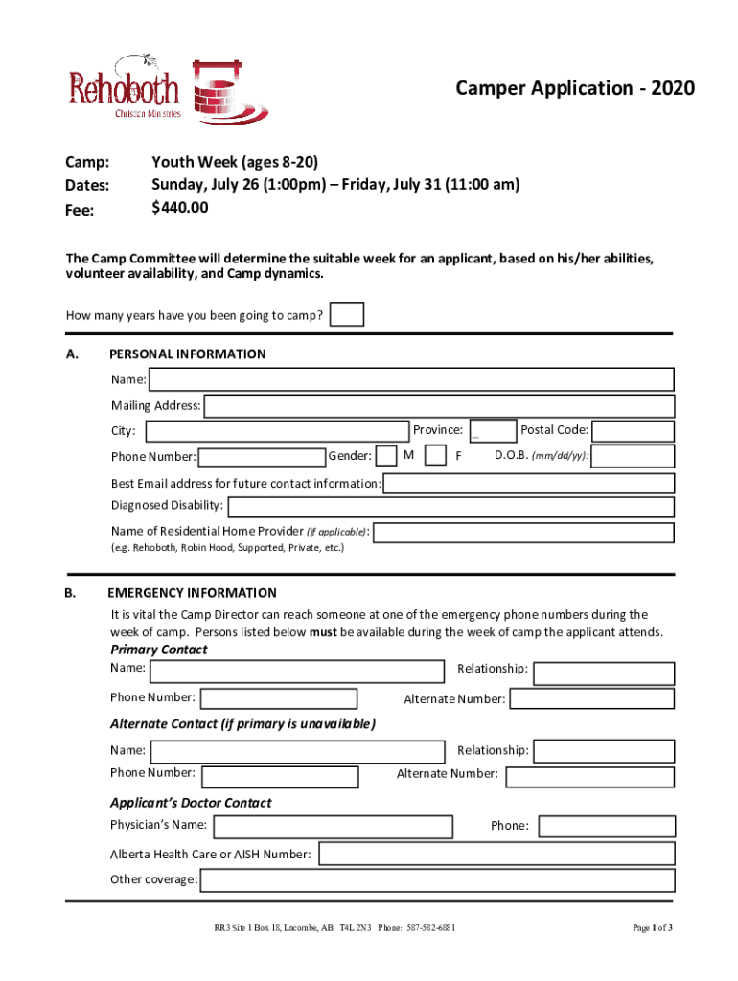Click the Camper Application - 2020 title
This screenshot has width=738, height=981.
tap(575, 89)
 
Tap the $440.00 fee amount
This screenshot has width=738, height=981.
tap(180, 208)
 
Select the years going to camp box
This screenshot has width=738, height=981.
tap(347, 314)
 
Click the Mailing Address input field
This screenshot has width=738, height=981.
tap(439, 406)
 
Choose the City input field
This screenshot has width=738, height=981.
tap(276, 431)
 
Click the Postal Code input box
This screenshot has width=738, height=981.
tap(634, 431)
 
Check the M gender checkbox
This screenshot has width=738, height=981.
tap(387, 456)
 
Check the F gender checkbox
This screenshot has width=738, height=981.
tap(435, 456)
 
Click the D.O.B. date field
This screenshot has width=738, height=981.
tap(634, 456)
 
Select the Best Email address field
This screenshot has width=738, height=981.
tap(528, 484)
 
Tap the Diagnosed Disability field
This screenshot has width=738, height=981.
tap(450, 507)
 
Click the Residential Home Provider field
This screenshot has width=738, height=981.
tap(524, 533)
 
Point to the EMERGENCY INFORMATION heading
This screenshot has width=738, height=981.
tap(193, 593)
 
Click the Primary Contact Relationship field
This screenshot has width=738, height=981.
tap(604, 673)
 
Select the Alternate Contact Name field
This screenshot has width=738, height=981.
tap(297, 751)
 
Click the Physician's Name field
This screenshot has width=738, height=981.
tap(333, 827)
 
